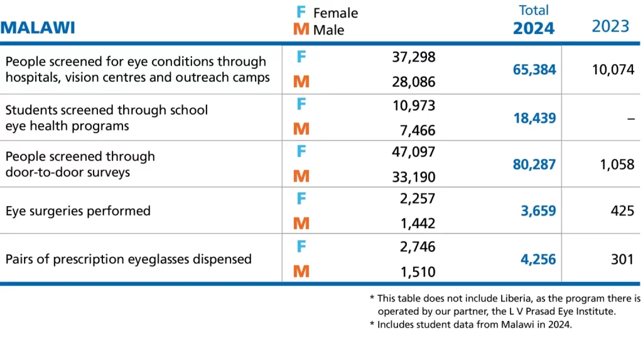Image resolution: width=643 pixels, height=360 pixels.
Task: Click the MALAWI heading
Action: (x=38, y=28)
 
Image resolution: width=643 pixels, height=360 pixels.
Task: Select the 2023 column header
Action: (x=610, y=26)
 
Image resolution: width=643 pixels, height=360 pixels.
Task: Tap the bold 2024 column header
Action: (x=533, y=28)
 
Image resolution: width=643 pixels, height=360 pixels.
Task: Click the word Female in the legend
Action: (x=335, y=13)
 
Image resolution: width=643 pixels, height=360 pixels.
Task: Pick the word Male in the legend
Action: (x=328, y=30)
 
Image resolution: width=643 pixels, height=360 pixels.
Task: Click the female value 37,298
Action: (x=413, y=57)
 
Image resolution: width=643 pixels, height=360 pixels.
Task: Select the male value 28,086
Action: (x=413, y=82)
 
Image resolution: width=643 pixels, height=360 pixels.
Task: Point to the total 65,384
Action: (x=534, y=70)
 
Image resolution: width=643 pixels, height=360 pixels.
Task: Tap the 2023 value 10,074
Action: (x=613, y=69)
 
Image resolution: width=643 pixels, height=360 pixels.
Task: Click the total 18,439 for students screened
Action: (x=534, y=117)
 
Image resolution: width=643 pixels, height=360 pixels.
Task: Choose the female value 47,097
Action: (x=413, y=151)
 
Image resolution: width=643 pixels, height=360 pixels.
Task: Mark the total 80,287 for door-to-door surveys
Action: (x=534, y=165)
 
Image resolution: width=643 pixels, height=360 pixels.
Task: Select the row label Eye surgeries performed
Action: (x=78, y=211)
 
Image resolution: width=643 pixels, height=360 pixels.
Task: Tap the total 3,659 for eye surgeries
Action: (x=538, y=211)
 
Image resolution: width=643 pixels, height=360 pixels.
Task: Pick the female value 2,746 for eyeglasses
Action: (x=417, y=246)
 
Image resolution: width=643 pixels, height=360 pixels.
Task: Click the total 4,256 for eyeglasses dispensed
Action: (x=538, y=259)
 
